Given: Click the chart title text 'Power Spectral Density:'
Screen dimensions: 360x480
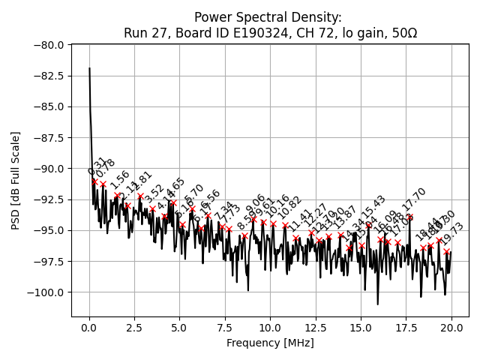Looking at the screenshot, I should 268,16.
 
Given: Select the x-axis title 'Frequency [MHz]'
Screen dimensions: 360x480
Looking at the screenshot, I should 270,343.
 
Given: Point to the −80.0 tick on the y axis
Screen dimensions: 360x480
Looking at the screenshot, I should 49,45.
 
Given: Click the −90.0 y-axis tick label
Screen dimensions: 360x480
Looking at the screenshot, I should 49,168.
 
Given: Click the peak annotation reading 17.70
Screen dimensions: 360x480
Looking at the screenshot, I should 413,205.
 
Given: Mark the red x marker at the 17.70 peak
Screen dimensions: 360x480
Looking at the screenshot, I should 409,217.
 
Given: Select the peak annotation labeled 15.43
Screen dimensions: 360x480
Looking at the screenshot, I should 373,210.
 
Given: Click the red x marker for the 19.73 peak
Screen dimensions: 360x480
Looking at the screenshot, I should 446,251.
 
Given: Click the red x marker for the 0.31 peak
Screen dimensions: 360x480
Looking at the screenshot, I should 94,181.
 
